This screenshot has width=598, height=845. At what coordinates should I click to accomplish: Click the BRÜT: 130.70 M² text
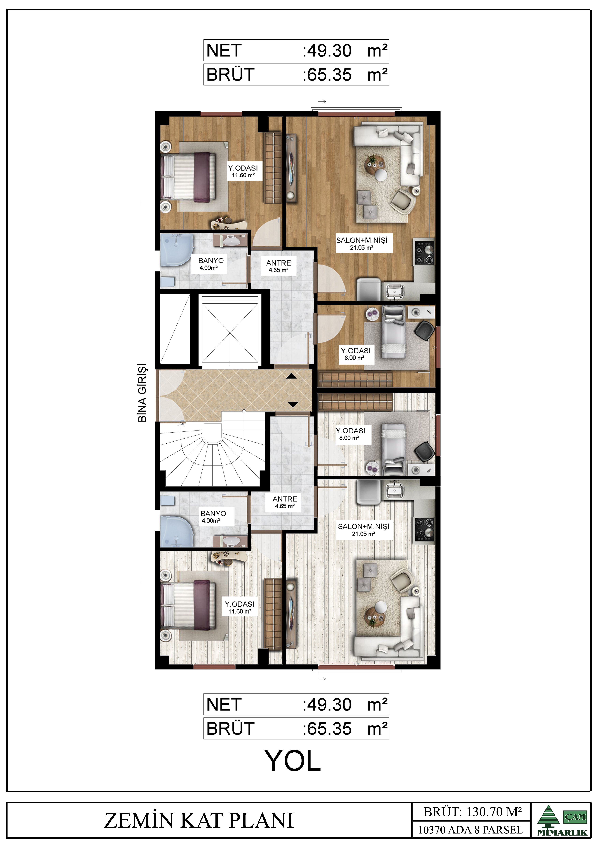tap(472, 812)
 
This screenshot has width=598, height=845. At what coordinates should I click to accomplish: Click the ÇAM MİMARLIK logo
tap(562, 820)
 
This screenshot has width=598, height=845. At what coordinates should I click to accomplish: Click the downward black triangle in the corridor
tap(293, 405)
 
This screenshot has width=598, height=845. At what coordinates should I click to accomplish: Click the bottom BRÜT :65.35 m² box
tap(296, 728)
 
